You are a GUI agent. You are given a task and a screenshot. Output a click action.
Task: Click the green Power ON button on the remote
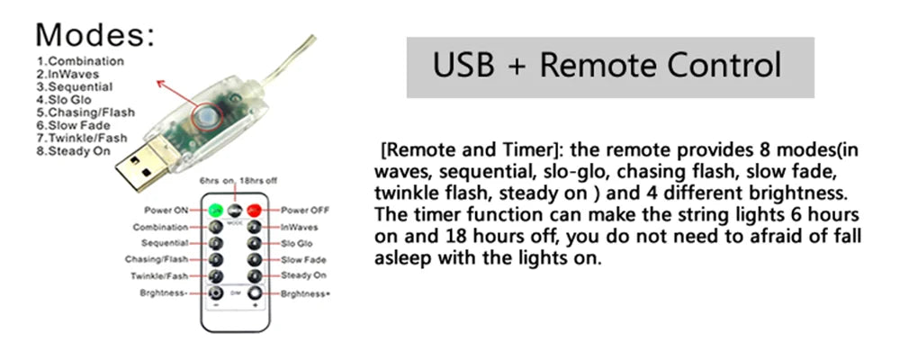click(216, 210)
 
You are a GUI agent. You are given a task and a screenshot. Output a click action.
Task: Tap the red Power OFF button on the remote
click(255, 210)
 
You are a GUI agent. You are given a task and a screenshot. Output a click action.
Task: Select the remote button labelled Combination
click(216, 227)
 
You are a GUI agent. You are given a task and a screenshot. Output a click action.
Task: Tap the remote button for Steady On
click(255, 275)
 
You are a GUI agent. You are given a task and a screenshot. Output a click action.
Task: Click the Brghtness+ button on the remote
click(255, 293)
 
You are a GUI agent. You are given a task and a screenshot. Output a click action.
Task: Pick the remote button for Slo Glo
click(255, 243)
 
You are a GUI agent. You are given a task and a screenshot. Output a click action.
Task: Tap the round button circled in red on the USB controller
click(204, 118)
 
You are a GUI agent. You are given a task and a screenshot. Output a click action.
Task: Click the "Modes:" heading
click(95, 35)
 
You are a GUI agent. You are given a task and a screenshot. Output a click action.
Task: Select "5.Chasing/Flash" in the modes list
click(85, 112)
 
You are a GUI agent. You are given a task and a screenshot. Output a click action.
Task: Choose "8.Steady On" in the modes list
click(74, 151)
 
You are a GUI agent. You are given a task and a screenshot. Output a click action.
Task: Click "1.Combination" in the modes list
click(80, 61)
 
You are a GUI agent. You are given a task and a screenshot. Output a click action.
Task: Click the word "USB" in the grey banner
click(463, 65)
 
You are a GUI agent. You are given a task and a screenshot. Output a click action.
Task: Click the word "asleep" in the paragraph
click(403, 258)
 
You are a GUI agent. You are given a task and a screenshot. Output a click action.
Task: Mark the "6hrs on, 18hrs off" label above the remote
click(238, 180)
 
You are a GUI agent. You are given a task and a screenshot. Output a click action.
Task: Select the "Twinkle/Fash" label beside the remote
click(159, 276)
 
